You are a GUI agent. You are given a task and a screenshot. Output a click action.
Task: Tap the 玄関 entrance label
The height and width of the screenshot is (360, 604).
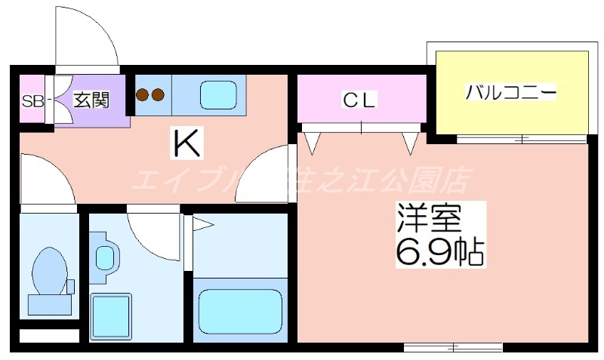[x=91, y=100]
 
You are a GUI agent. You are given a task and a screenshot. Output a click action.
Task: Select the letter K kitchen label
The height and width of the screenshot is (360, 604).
[x=186, y=143]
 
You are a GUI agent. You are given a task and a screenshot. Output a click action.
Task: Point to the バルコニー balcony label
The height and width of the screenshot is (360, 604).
[x=511, y=94]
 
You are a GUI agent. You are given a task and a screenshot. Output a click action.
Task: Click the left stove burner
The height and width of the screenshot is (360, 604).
[x=143, y=95]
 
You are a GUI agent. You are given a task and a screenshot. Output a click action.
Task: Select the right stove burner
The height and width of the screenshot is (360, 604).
[x=158, y=95]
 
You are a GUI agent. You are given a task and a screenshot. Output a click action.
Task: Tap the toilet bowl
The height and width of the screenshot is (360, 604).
[x=50, y=269]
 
